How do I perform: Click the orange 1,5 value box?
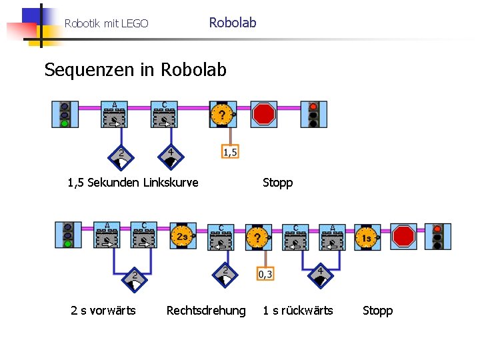[229, 152]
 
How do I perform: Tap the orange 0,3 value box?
[265, 273]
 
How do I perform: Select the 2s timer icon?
[182, 236]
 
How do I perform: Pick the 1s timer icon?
[366, 237]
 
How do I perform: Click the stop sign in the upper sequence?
[264, 114]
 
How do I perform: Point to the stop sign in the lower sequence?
[404, 236]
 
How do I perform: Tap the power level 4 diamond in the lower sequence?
[320, 275]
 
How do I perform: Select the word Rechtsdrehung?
[205, 311]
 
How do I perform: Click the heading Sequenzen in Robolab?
[135, 70]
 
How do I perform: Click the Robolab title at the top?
[232, 23]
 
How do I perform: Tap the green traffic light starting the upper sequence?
[65, 115]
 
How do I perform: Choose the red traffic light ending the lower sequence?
[437, 236]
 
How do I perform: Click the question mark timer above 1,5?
[222, 115]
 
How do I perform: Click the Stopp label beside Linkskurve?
[277, 183]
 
